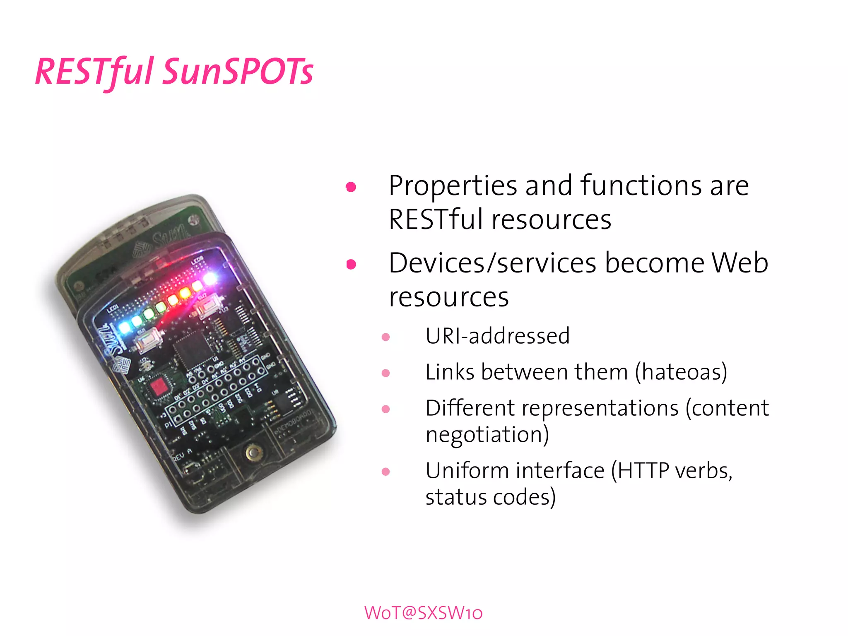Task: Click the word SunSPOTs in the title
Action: click(238, 71)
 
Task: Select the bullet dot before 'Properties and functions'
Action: click(351, 187)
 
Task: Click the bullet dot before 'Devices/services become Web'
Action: click(351, 264)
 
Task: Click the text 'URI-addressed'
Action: click(498, 336)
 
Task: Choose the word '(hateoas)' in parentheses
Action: click(681, 372)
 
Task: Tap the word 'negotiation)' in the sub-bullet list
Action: click(487, 435)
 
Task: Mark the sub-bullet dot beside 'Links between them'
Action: click(385, 373)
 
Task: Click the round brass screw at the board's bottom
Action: click(251, 453)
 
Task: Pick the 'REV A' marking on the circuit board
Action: click(182, 455)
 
